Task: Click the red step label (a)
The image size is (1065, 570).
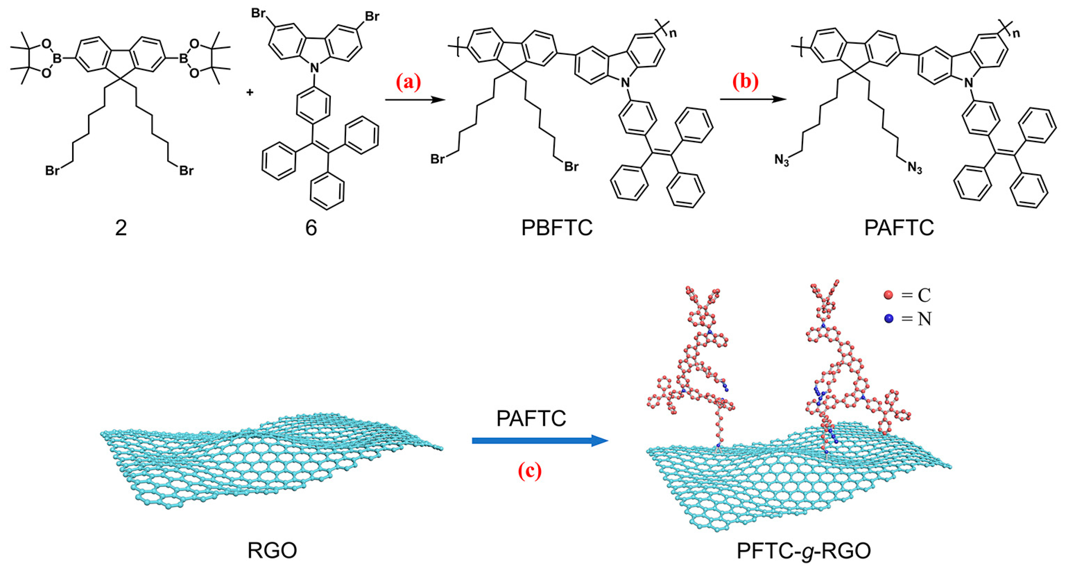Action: (408, 82)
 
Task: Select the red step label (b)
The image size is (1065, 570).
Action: (745, 82)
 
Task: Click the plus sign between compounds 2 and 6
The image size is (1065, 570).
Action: (250, 93)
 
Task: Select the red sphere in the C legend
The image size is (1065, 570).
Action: (888, 295)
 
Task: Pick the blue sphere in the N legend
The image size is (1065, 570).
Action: (889, 319)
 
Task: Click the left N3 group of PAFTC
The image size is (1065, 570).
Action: (782, 160)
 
